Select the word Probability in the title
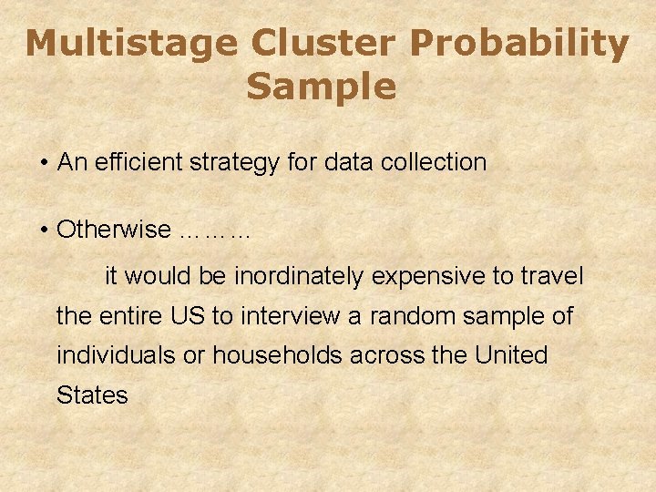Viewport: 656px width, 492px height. click(520, 44)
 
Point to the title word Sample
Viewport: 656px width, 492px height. click(321, 87)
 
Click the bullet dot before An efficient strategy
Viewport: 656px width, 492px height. click(44, 164)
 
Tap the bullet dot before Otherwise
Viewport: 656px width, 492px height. click(44, 231)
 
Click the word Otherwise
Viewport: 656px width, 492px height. click(113, 230)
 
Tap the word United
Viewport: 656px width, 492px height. click(511, 355)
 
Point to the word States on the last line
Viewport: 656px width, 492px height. click(92, 395)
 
